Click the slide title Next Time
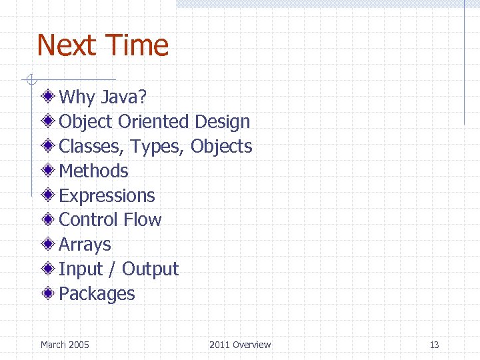(103, 46)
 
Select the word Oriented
(153, 122)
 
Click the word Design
(223, 122)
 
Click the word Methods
(93, 171)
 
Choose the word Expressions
(107, 196)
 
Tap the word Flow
(143, 220)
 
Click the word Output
(150, 269)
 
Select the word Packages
(97, 294)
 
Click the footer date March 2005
(65, 345)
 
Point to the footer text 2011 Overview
(240, 345)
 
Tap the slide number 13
(434, 345)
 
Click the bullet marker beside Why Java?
(49, 97)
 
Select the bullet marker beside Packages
(49, 293)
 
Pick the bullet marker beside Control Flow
(49, 219)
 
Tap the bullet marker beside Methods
(49, 171)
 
